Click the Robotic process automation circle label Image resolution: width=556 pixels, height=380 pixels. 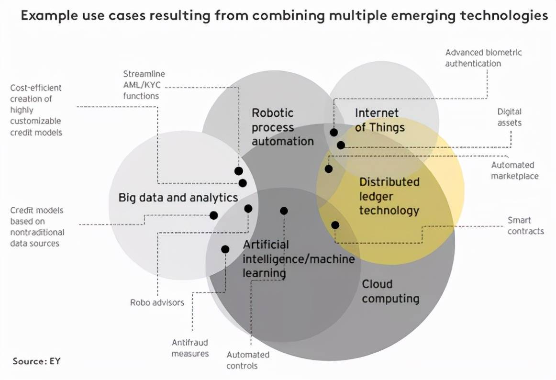282,127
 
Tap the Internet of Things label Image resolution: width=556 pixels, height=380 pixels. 379,120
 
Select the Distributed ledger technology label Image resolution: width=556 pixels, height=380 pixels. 389,196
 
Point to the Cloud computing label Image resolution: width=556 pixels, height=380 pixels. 390,291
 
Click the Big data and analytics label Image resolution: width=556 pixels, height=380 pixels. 178,198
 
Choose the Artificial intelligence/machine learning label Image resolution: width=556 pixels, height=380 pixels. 299,259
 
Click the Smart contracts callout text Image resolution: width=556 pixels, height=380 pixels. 525,226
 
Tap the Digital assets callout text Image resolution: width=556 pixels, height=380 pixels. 509,117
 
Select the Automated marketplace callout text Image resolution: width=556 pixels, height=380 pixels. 514,170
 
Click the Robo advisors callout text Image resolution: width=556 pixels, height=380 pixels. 157,302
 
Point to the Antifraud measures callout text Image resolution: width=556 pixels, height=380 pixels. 190,348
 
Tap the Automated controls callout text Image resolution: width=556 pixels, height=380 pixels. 248,360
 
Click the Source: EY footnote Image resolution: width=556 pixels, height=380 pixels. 37,361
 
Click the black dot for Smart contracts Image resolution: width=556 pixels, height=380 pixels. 335,225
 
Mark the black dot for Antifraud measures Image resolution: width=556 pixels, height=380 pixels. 225,249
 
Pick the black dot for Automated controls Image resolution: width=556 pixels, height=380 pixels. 284,211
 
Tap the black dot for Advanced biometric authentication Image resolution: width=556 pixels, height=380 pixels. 334,132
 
